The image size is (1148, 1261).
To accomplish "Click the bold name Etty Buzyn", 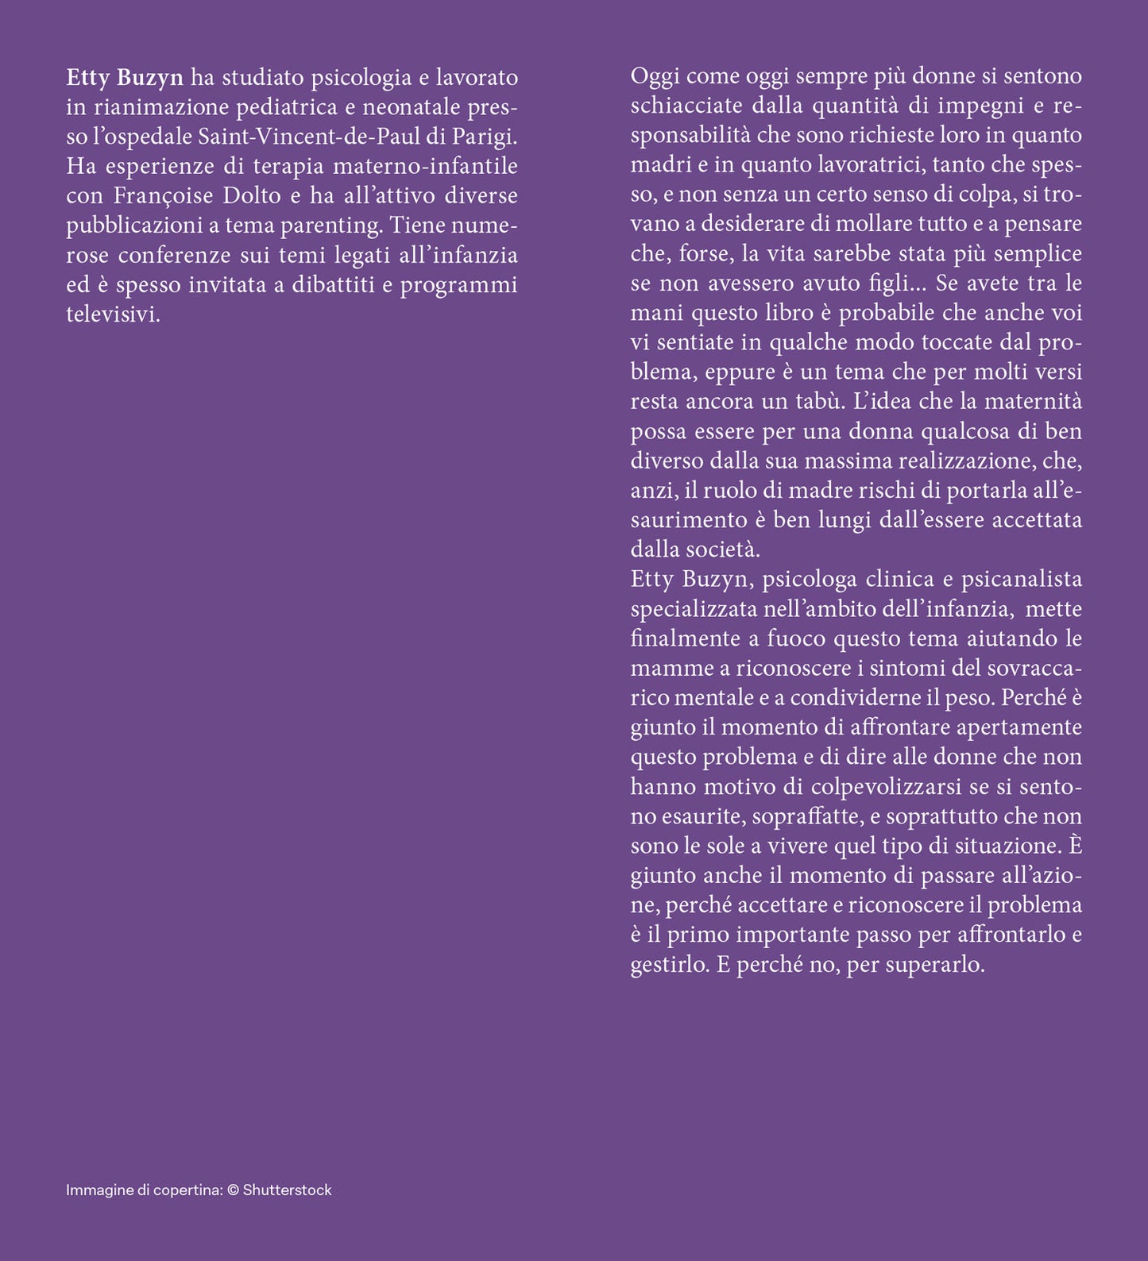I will tap(125, 78).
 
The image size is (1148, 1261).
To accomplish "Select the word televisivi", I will tap(113, 314).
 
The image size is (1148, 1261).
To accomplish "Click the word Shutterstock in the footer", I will tap(288, 1190).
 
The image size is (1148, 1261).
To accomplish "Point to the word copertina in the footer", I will tap(188, 1190).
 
